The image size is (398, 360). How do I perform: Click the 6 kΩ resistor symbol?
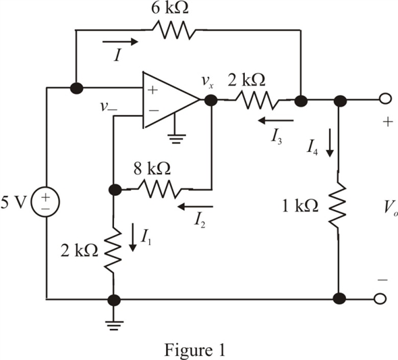174,30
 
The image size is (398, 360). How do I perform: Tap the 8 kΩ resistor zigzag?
159,188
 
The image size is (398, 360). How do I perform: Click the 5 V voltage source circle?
45,202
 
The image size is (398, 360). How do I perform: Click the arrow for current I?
120,41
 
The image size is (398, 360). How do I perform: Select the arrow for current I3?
276,120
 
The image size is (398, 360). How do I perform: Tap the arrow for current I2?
195,207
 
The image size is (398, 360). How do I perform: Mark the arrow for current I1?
132,237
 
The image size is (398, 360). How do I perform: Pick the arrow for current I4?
330,143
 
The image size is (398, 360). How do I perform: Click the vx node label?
207,81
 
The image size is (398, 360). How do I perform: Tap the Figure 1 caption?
195,350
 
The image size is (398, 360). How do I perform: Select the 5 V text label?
13,203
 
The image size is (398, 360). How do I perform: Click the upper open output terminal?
385,99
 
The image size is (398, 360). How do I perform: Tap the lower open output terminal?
380,299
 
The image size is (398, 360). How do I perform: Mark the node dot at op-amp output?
210,100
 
